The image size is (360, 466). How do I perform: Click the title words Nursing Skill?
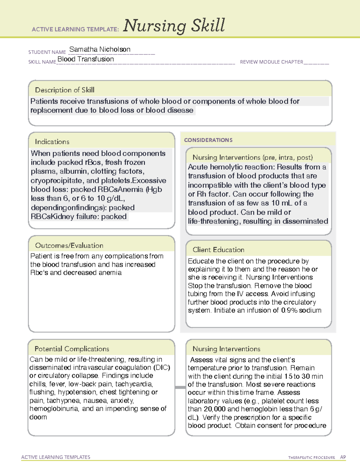coord(174,26)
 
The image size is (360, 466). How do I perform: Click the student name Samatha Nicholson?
coord(100,49)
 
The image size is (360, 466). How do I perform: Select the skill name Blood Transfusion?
coord(85,59)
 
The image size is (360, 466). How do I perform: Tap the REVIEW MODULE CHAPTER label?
coord(271,62)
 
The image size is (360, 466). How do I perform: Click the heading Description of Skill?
coord(64,90)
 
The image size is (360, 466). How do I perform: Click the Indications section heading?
coord(52,142)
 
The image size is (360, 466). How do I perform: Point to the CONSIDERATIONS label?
coord(208,140)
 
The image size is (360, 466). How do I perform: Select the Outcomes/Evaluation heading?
coord(69,245)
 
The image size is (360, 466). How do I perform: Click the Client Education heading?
coord(218,250)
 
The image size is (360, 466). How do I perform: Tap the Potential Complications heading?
coord(72,349)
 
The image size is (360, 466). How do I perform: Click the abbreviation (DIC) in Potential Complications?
coord(162,368)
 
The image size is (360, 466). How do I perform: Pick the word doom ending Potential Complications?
coord(38,417)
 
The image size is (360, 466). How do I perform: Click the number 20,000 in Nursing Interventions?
coord(214,409)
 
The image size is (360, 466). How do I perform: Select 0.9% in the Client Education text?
coord(289,310)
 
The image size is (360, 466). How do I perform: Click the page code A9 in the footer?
coord(343,457)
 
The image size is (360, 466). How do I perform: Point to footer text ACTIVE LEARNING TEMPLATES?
coord(55,457)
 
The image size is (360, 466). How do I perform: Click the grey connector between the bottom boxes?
coord(180,387)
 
